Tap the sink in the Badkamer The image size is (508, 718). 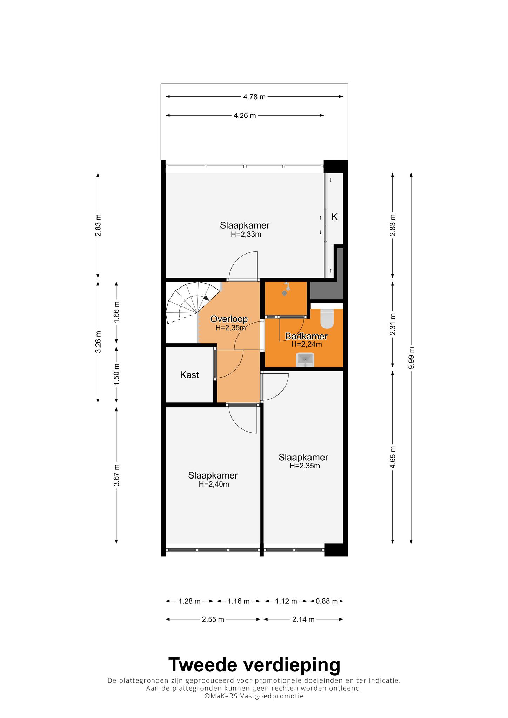click(x=305, y=360)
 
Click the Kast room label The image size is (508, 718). click(x=189, y=375)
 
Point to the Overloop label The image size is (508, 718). click(x=229, y=319)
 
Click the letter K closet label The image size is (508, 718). click(x=335, y=217)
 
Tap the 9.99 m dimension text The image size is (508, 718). click(x=412, y=358)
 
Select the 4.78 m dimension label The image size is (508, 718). click(x=254, y=97)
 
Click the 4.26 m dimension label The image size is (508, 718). click(x=245, y=115)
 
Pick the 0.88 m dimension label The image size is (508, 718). click(x=327, y=601)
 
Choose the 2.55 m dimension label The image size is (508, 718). click(x=213, y=619)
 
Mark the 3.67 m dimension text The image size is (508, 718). click(x=117, y=475)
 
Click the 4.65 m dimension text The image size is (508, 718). click(x=393, y=457)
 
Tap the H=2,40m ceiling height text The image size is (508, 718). click(x=214, y=485)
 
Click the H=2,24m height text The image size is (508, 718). click(x=307, y=344)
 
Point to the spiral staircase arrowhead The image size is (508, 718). click(x=206, y=298)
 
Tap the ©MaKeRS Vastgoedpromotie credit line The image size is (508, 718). click(x=254, y=696)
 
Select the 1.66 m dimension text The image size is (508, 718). click(x=117, y=312)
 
